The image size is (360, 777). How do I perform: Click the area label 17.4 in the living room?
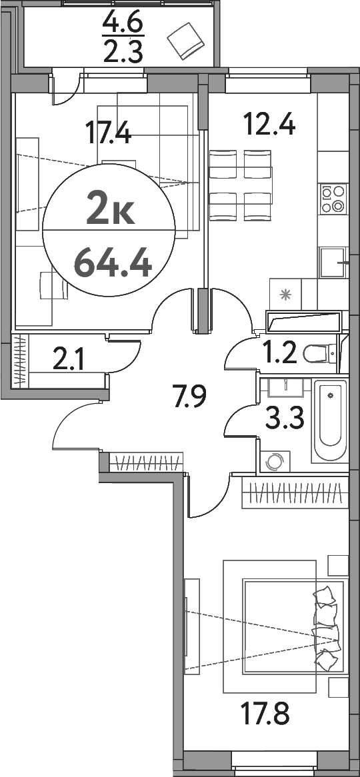click(x=109, y=131)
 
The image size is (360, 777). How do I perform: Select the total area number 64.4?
click(x=113, y=261)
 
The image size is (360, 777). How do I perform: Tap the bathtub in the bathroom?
click(x=331, y=422)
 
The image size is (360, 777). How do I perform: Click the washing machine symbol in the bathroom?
click(x=275, y=461)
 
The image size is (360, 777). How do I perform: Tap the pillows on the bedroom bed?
click(x=326, y=627)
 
